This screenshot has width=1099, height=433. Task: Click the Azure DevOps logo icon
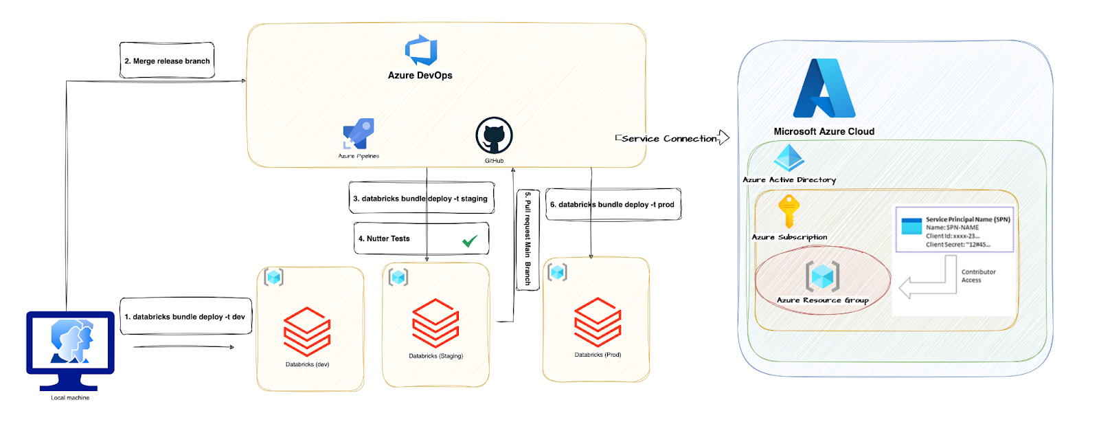point(421,50)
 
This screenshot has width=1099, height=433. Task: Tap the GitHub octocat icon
point(494,135)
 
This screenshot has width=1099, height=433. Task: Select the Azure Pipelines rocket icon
point(359,133)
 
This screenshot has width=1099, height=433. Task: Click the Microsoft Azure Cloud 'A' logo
point(824,89)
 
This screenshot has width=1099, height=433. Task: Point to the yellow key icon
point(789,212)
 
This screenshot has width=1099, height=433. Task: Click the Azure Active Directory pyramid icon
point(789,157)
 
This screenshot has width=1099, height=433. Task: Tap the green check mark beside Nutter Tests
point(470,241)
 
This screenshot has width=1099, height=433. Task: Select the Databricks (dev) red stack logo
point(307,331)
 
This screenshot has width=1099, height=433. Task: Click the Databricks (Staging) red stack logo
point(435,324)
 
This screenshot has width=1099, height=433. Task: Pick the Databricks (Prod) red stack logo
point(598,322)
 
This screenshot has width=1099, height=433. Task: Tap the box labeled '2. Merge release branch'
point(168,60)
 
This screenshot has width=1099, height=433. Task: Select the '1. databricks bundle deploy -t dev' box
point(186,316)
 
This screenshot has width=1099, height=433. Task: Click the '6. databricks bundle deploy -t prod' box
point(613,204)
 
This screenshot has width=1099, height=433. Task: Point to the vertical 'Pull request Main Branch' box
point(528,240)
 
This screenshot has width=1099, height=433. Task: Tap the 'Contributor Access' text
point(978,276)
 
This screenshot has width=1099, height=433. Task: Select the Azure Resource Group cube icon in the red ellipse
point(823,276)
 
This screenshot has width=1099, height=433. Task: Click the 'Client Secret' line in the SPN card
point(958,245)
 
